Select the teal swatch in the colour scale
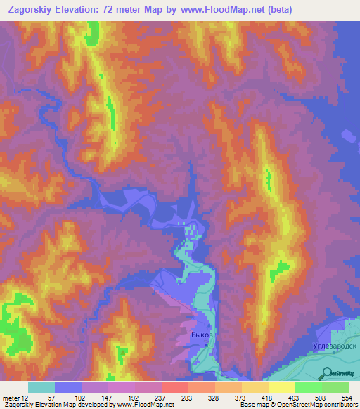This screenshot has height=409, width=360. coord(41,387)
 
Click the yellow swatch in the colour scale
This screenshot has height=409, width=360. coord(282,387)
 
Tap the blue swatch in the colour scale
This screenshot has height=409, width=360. coord(68,387)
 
